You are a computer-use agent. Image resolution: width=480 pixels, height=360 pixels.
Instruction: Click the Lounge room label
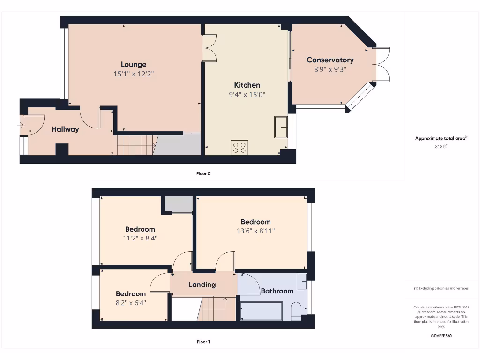[134, 65]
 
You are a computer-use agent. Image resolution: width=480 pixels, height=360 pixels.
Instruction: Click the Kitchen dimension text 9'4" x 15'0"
[247, 94]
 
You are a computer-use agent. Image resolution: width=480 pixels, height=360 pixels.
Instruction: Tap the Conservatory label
[330, 60]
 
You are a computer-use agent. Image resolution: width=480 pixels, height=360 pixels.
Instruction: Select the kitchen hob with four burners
[240, 147]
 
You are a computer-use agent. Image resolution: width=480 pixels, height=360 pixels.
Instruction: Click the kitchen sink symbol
[282, 127]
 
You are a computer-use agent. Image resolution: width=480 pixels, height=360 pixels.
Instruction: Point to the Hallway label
[65, 129]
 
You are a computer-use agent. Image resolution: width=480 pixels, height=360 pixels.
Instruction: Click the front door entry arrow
[21, 125]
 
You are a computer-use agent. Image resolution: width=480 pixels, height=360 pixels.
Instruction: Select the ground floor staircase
[136, 145]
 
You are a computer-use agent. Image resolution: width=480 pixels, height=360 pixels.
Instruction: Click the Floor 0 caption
[203, 173]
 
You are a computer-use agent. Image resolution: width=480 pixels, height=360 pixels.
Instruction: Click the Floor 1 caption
[203, 342]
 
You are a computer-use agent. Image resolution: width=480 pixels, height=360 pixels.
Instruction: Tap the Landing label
[202, 285]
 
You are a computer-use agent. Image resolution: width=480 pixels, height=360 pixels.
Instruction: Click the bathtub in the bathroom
[261, 311]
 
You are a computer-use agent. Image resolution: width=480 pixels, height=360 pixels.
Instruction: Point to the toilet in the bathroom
[296, 312]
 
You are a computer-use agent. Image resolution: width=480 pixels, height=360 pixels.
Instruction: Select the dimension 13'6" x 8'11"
[255, 231]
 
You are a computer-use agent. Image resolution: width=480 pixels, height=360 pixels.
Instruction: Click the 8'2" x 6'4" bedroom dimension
[131, 303]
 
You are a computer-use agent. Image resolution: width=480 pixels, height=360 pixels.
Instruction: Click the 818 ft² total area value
[441, 147]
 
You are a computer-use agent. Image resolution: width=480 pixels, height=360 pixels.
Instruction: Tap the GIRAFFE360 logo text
[441, 336]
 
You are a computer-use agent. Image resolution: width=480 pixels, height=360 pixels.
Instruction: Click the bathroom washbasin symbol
[302, 281]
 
